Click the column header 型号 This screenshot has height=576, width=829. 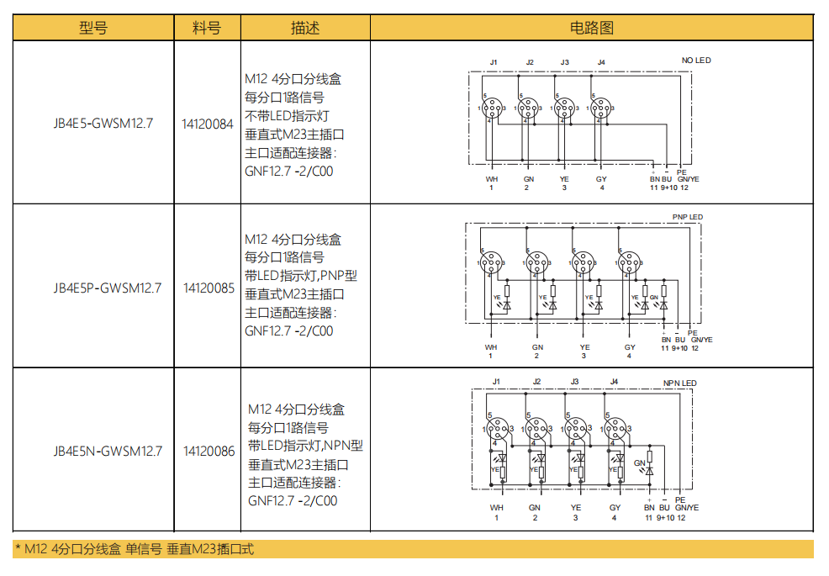tap(93, 28)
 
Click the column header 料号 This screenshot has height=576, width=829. tap(207, 28)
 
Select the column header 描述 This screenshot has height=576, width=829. tap(305, 28)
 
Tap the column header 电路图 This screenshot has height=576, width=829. tap(592, 28)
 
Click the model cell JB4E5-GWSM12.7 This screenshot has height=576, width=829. tap(103, 124)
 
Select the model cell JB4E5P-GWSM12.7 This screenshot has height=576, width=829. tap(106, 288)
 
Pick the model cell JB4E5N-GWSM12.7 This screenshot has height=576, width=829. tap(108, 451)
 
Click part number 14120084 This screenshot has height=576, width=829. tap(208, 124)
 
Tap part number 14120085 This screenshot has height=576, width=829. tap(208, 288)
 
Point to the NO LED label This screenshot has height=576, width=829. tap(695, 61)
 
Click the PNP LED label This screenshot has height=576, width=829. tap(687, 217)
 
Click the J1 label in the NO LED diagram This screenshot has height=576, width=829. tap(494, 63)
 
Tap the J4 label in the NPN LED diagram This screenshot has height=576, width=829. tap(614, 382)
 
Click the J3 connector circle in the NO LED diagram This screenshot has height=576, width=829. tap(564, 108)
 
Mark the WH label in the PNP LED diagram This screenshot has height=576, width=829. tap(491, 347)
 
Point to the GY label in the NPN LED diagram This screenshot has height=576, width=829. tap(615, 508)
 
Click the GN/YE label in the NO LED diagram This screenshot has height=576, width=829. tap(688, 179)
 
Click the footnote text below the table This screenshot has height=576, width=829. tap(135, 550)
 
